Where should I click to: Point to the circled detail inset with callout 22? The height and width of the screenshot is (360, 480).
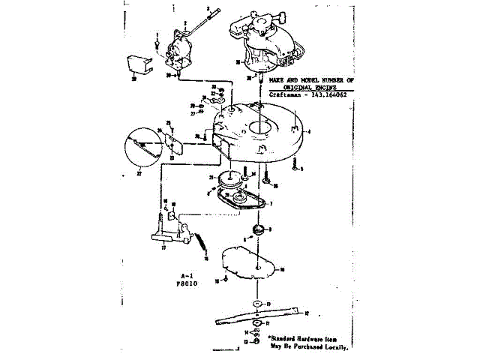(x=141, y=148)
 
